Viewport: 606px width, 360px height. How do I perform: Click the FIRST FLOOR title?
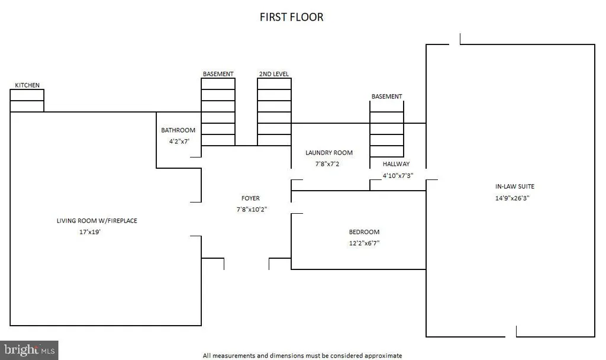coord(291,17)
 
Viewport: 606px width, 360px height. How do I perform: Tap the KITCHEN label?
coord(27,85)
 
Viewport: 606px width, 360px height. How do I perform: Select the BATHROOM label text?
coord(178,130)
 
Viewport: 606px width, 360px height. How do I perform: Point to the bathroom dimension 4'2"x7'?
coord(179,142)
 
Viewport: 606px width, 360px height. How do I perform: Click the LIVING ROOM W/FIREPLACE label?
coord(97,221)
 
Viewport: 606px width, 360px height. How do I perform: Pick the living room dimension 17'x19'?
coord(90,232)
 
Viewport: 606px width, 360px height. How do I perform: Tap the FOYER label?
coord(250,198)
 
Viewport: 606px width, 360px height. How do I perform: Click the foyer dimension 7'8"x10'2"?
coord(252,210)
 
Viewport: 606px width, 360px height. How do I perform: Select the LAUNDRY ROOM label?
coord(329,153)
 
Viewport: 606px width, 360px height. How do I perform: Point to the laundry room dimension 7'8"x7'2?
coord(327,164)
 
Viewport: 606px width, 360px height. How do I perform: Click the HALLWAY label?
coord(396,164)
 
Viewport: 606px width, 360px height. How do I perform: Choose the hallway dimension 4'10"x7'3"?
coord(398,175)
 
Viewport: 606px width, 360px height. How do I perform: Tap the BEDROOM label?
coord(364,232)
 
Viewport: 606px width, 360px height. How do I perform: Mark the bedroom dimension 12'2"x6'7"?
coord(364,243)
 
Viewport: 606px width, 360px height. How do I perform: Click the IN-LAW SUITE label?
coord(515,187)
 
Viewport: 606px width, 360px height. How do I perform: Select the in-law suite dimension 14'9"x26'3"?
coord(512,198)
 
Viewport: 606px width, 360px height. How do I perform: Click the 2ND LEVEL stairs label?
coord(274,74)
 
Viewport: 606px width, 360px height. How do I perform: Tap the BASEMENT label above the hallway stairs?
coord(387,97)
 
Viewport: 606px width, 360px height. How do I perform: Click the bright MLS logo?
coord(30,351)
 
